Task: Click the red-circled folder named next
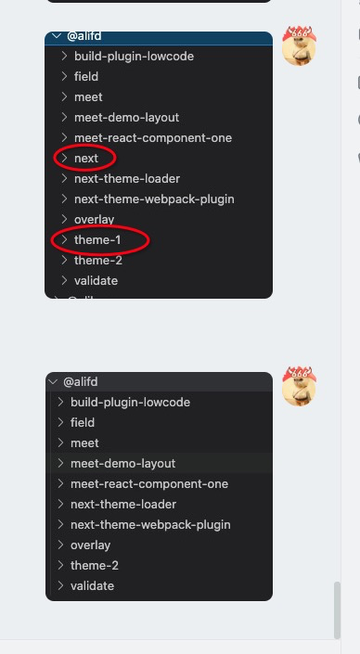86,159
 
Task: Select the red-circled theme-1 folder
97,240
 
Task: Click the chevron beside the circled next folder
64,159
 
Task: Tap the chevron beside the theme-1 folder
64,240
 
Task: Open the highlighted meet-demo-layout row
122,464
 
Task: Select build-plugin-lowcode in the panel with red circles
134,57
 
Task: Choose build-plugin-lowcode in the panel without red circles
130,403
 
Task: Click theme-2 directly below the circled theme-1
97,261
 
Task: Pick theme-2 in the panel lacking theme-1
94,566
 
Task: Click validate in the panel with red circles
96,281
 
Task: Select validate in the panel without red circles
92,586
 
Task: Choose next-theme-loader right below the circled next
126,179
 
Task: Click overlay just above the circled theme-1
94,220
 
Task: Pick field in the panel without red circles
84,423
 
